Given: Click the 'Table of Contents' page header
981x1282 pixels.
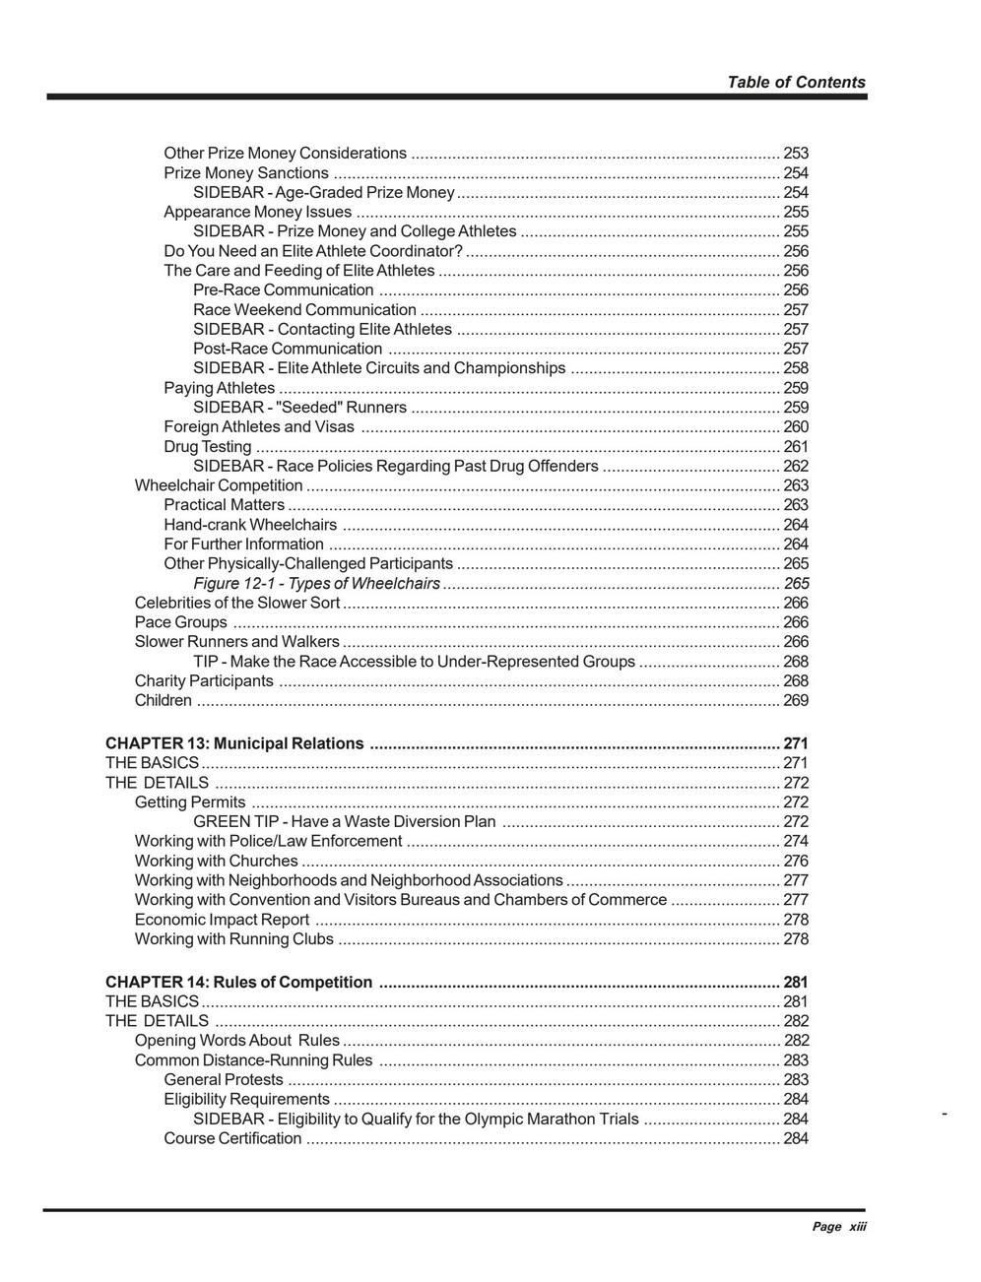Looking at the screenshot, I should point(796,83).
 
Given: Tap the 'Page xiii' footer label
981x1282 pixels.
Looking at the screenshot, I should point(838,1226).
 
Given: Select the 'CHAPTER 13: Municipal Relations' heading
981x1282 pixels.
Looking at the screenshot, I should point(234,743).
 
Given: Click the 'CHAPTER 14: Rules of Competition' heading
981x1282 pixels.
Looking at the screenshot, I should point(238,982).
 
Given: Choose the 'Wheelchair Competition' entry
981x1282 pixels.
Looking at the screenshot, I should point(219,485).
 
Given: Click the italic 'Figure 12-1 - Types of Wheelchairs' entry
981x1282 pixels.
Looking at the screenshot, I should point(316,583).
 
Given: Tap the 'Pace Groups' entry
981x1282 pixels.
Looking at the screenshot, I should point(181,622).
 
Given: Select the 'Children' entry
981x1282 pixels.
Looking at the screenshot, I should point(163,700).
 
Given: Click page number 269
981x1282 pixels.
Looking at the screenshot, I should point(795,700).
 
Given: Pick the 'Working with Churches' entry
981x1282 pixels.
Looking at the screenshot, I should point(216,861).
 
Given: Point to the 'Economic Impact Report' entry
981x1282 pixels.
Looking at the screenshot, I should point(223,920).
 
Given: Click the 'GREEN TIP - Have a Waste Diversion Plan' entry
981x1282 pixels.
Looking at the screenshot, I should point(344,821).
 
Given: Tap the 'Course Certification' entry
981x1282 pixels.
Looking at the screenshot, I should point(232,1138).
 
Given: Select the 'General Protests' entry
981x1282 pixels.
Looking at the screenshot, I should point(224,1079).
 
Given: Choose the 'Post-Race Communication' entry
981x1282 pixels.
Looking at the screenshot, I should point(288,349).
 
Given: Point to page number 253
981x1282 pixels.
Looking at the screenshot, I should point(795,153).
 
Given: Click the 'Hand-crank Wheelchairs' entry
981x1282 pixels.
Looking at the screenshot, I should point(250,525).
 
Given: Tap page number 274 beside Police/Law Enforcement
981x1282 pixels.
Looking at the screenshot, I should point(795,841).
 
